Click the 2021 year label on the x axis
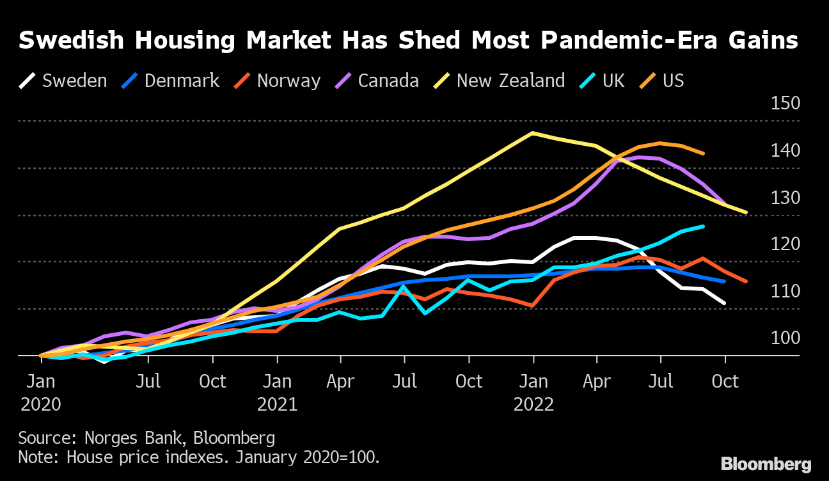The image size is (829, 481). tap(277, 405)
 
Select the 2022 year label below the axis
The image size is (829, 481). tap(533, 405)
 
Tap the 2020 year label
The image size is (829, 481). tap(41, 405)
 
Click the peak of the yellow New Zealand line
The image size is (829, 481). tap(532, 133)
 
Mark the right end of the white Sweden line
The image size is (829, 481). tap(725, 303)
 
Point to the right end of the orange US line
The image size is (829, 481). tap(704, 154)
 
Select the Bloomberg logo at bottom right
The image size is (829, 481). tap(766, 464)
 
